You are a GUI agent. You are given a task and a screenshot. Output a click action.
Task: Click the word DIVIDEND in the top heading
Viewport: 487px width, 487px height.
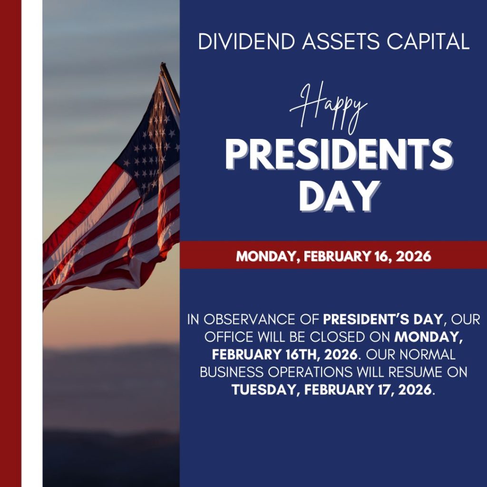(x=246, y=41)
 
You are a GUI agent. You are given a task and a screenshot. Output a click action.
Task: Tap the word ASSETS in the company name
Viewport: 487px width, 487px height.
(x=341, y=41)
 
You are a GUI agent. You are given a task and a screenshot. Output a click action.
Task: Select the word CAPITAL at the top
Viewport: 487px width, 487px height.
(x=428, y=41)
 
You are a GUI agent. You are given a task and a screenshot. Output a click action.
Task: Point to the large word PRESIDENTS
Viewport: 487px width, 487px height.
(x=339, y=155)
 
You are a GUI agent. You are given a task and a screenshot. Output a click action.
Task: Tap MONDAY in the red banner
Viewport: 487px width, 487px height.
(x=267, y=256)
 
